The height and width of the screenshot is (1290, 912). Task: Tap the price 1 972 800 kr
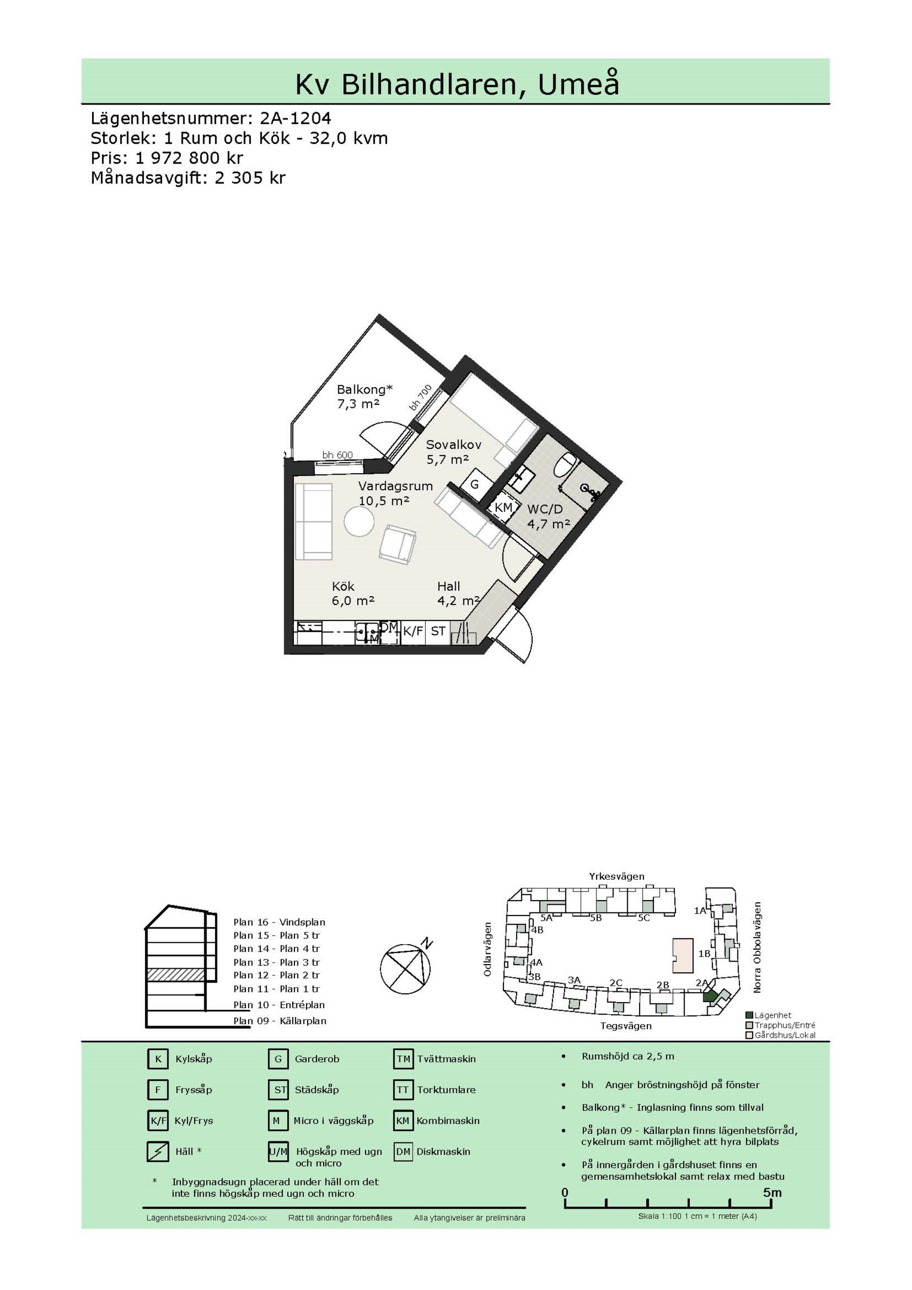coord(189,158)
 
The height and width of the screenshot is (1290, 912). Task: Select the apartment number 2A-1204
coord(296,118)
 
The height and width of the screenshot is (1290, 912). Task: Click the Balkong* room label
coord(365,389)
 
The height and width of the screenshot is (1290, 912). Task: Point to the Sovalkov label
coord(453,444)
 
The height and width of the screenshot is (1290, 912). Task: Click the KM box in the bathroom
coord(503,508)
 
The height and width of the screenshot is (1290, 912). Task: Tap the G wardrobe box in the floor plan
coord(475,484)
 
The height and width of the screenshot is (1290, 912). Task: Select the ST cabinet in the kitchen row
coord(438,631)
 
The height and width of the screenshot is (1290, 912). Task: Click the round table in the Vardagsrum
coord(360,522)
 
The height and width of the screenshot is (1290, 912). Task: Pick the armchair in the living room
coord(398,544)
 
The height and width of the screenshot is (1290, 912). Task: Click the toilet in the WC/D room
coord(564,465)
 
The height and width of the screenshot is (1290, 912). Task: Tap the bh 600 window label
coord(337,455)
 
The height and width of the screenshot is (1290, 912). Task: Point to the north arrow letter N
coord(426,943)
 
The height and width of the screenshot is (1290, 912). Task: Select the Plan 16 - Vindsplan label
coord(280,922)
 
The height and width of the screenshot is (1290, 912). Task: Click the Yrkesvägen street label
coord(617,877)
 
